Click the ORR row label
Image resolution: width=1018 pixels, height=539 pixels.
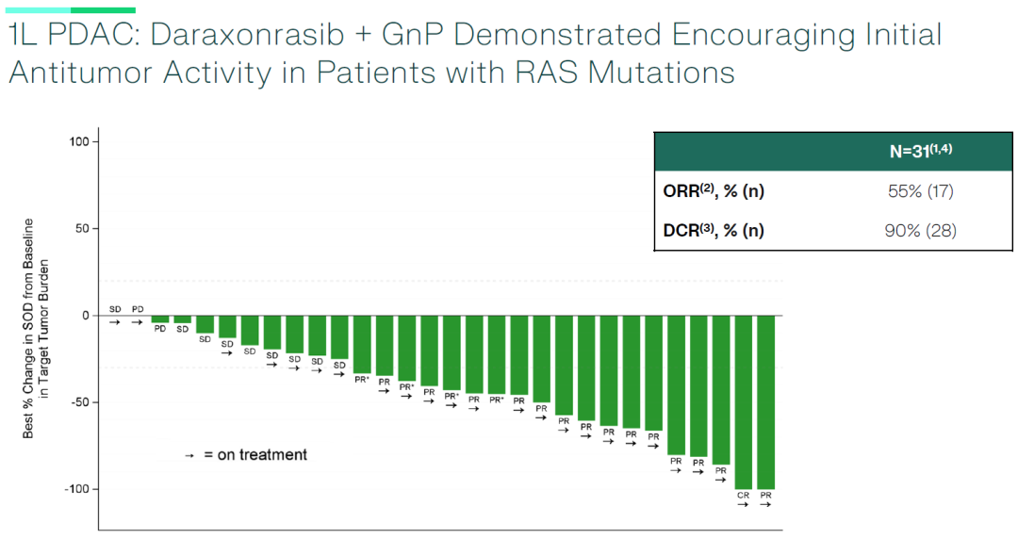(714, 191)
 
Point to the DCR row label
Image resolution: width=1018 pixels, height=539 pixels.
(714, 230)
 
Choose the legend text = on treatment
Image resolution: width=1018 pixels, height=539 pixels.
(254, 455)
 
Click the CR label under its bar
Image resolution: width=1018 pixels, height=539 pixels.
(743, 495)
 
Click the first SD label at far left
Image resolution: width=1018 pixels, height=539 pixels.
(115, 309)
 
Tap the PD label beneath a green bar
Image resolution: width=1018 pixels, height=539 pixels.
(160, 329)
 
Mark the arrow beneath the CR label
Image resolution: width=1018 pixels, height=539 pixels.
(743, 505)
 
